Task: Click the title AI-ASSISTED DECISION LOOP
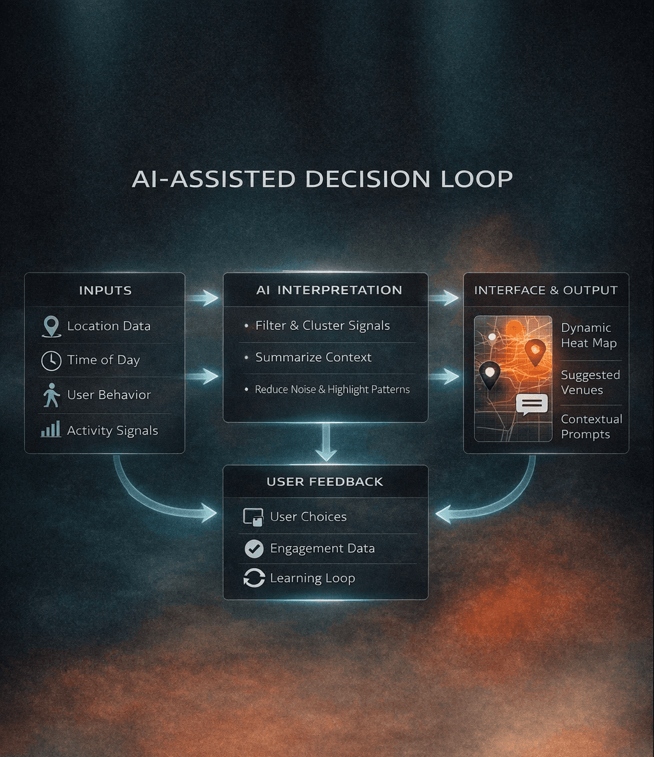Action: click(x=322, y=179)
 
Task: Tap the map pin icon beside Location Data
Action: click(x=51, y=326)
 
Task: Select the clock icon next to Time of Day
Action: click(x=51, y=361)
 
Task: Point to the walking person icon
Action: click(x=51, y=395)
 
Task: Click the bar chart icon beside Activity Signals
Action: click(x=51, y=430)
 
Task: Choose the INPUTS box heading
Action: click(x=105, y=290)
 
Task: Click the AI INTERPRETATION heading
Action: click(x=329, y=290)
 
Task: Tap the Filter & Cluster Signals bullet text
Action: click(x=323, y=326)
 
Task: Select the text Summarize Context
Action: click(x=313, y=357)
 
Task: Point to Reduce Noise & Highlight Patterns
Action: click(x=332, y=389)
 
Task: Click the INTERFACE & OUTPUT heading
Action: click(x=545, y=290)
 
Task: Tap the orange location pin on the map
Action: click(x=535, y=351)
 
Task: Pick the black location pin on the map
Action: click(x=490, y=374)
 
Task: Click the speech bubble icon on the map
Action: click(x=531, y=405)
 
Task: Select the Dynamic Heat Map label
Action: click(x=588, y=335)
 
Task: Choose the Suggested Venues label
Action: click(x=589, y=382)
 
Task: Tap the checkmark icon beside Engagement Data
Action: click(x=254, y=548)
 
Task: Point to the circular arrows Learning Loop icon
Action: click(x=254, y=578)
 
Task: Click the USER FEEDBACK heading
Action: click(x=324, y=482)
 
